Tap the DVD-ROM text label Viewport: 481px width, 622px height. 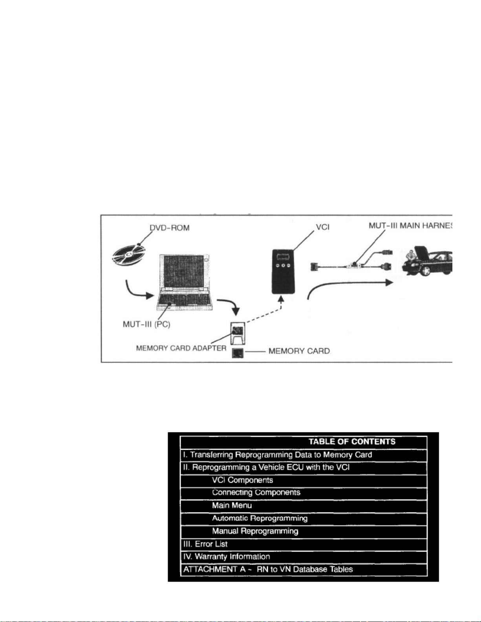pos(169,228)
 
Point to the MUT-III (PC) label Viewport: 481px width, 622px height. pos(146,325)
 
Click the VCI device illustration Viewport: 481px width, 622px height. pos(283,271)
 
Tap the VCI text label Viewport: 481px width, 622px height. pos(323,227)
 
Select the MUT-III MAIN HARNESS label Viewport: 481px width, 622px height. pos(410,226)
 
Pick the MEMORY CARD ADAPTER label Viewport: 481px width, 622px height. pos(181,348)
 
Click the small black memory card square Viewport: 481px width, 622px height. pos(238,353)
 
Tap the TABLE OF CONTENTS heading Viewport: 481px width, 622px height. pos(352,441)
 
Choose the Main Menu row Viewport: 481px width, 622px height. pos(232,505)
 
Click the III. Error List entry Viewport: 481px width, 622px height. pos(205,544)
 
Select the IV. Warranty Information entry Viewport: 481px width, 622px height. pos(227,556)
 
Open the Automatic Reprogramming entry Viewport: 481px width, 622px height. pos(260,518)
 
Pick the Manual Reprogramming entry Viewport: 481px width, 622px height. pos(255,531)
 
